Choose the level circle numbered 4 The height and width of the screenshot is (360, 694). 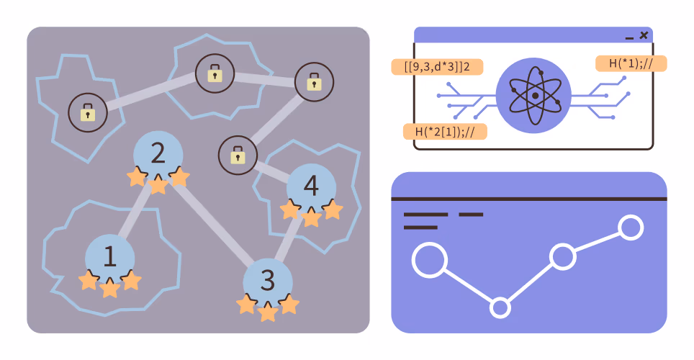(x=311, y=188)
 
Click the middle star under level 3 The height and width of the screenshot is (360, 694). (x=268, y=312)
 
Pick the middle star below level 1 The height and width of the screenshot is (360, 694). (x=109, y=288)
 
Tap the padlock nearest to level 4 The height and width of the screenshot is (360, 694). (x=238, y=156)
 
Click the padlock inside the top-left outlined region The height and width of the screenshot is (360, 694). (x=88, y=112)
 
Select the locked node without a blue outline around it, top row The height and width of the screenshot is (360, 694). (x=315, y=82)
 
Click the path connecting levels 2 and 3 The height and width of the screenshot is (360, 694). (x=213, y=222)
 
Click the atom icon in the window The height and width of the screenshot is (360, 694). (x=533, y=95)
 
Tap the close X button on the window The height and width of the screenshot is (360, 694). (x=644, y=35)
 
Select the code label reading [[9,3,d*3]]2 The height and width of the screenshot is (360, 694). (x=437, y=67)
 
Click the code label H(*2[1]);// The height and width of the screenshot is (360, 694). (x=445, y=132)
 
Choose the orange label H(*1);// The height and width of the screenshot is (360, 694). (x=631, y=63)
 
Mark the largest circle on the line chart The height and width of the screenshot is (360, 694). (x=429, y=261)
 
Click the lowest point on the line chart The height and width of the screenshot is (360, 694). (x=500, y=307)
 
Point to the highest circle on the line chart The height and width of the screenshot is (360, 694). (x=631, y=228)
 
